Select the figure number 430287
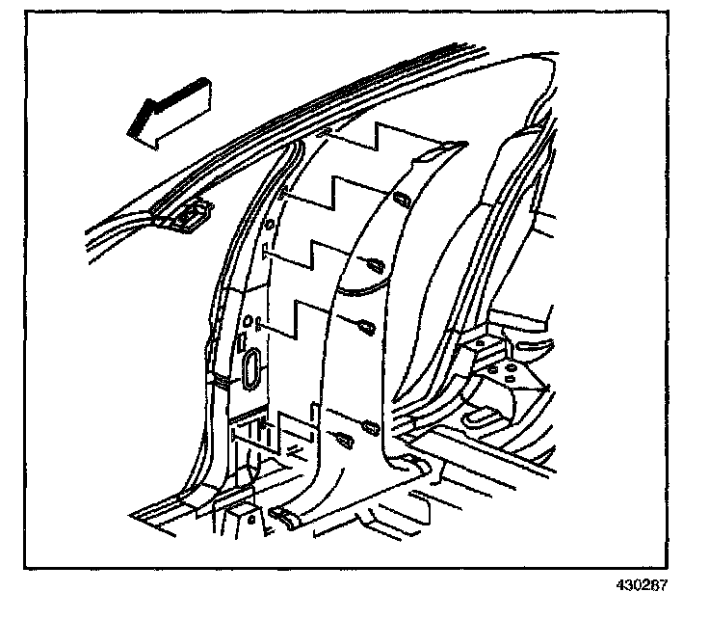643,585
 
